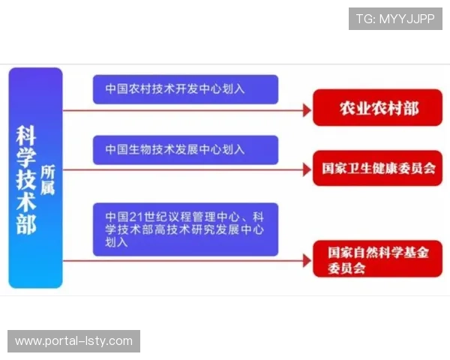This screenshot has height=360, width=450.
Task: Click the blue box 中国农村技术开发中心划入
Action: [185, 89]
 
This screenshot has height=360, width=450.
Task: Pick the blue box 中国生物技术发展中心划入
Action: [185, 149]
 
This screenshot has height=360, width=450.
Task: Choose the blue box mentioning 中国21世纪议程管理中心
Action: [185, 229]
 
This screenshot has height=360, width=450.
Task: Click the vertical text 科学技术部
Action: [27, 180]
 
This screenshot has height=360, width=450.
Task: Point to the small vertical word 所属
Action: [48, 180]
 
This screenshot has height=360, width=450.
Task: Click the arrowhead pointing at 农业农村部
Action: [306, 110]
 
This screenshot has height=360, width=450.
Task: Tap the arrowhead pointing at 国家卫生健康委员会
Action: [306, 170]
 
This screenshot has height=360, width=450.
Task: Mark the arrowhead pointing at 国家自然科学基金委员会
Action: [306, 261]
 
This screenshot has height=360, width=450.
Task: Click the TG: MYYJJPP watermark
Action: [395, 18]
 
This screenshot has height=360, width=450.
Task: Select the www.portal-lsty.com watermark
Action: [74, 341]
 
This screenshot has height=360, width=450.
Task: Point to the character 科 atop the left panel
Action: [27, 135]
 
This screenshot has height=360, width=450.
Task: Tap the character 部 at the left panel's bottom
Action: [27, 225]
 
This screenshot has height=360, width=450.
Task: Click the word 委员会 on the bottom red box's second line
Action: [346, 268]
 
